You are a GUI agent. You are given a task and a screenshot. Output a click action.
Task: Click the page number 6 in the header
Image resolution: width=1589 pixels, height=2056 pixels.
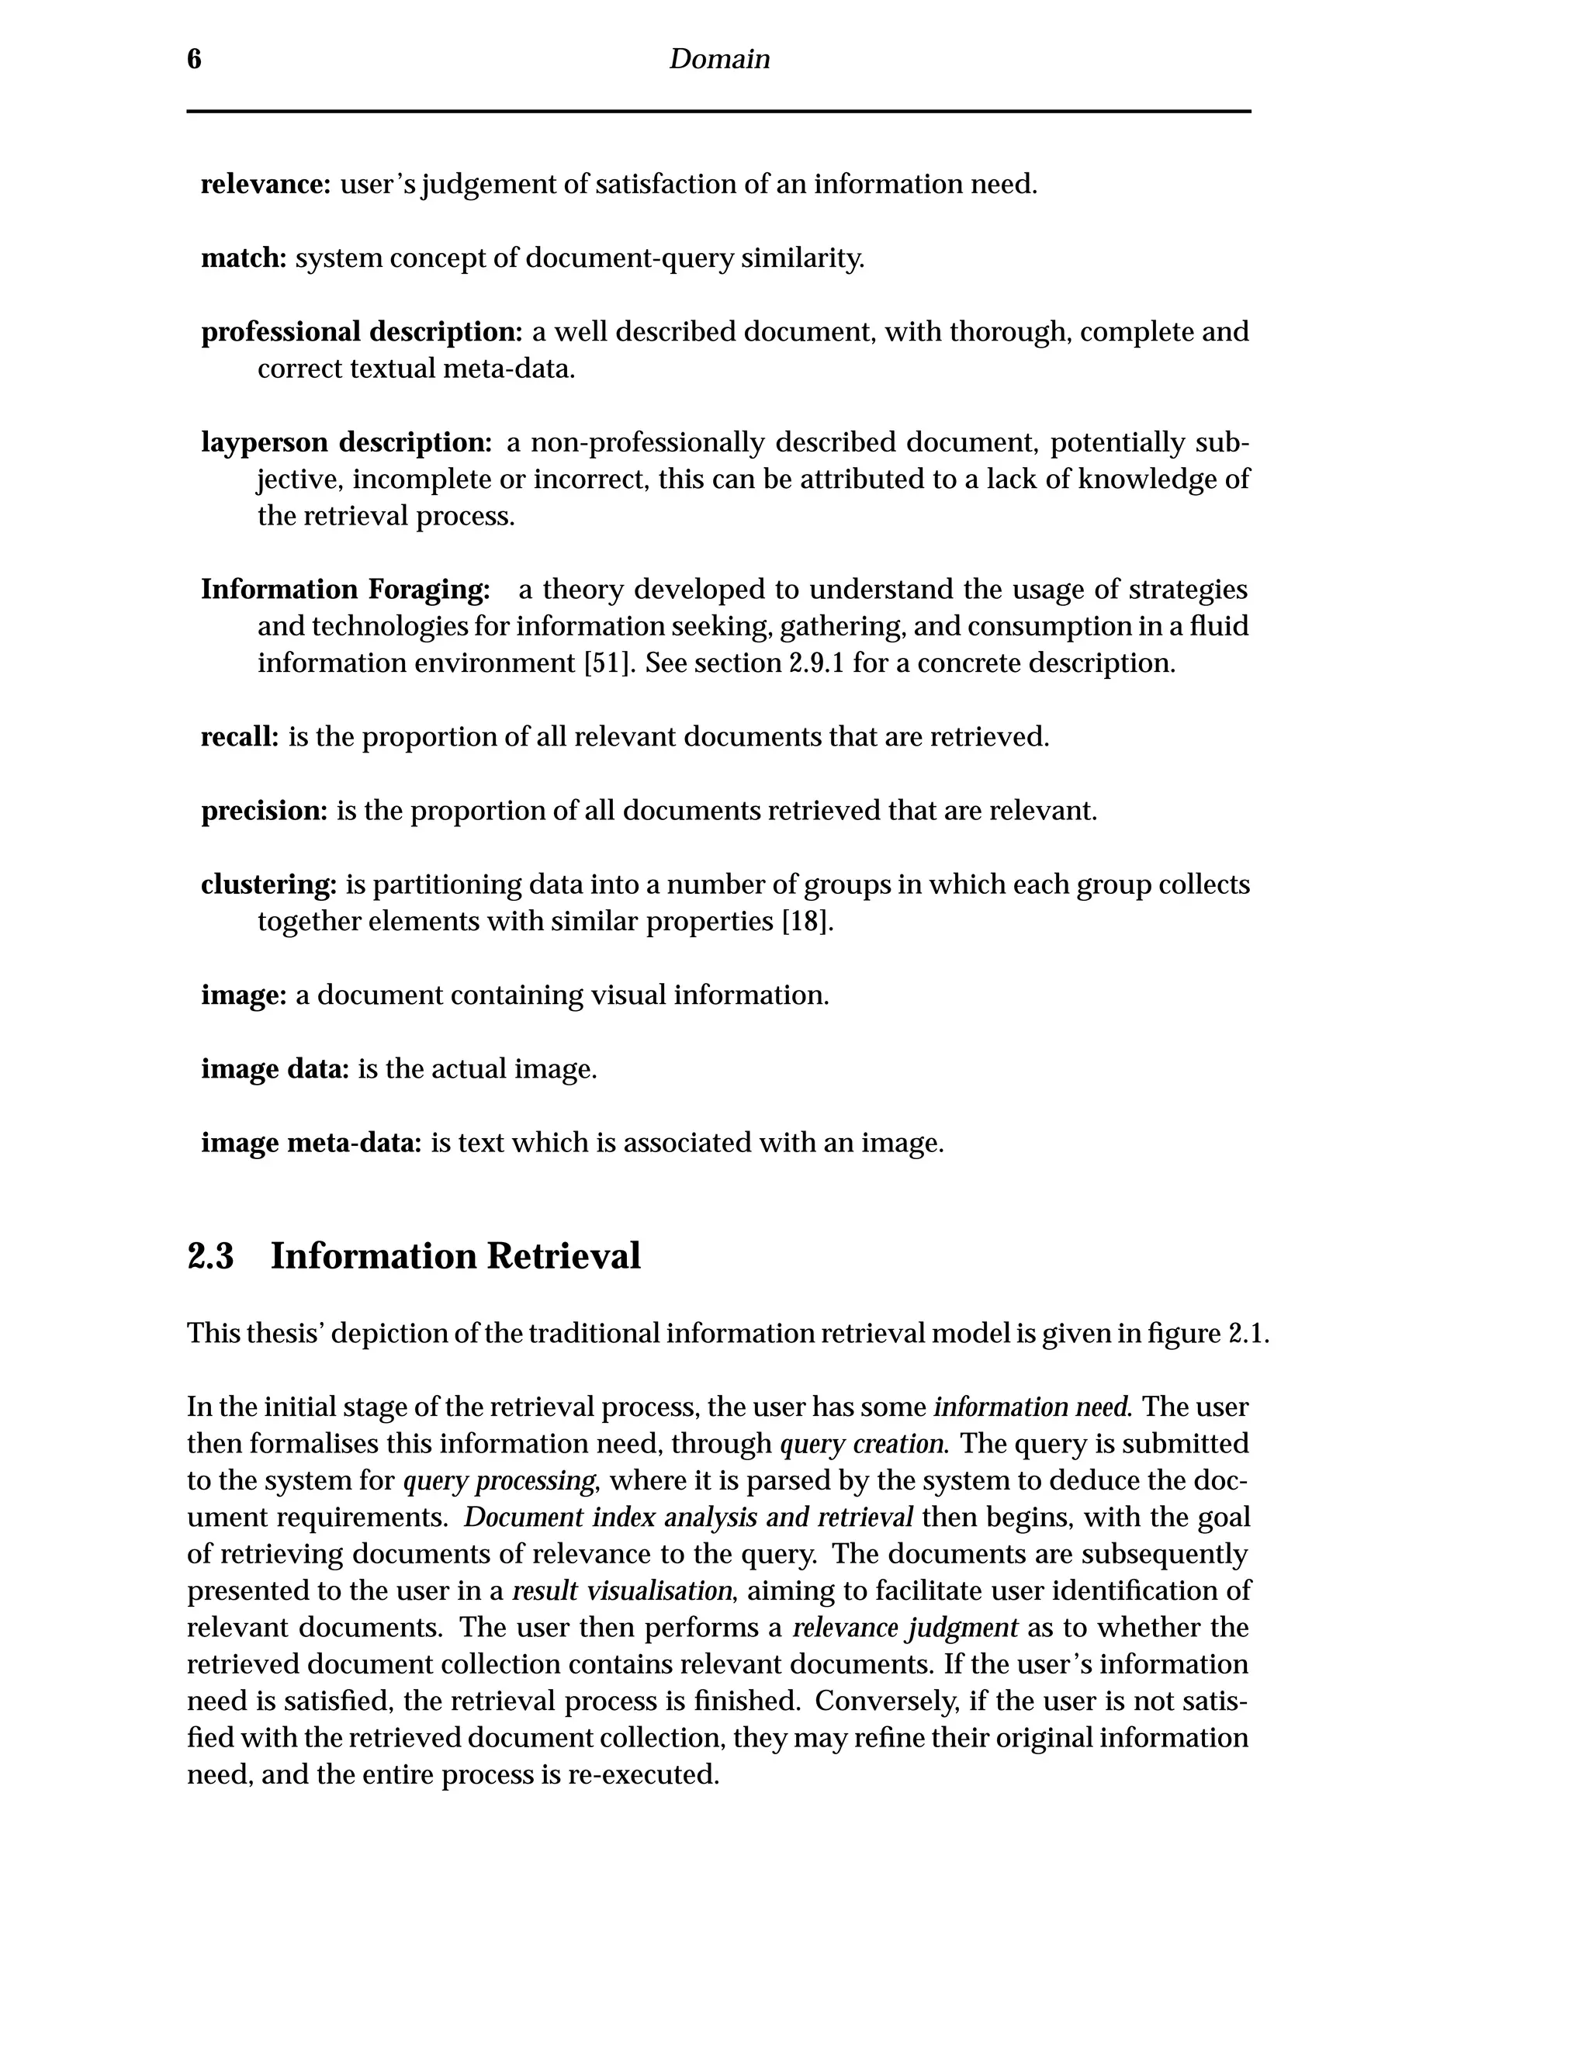pos(194,59)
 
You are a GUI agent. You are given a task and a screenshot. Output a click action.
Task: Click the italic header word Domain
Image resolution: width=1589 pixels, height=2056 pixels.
pos(719,59)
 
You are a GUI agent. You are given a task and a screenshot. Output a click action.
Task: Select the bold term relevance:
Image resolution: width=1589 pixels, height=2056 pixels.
pos(265,185)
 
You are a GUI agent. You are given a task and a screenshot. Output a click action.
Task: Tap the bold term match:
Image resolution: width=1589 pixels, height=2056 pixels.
pos(244,258)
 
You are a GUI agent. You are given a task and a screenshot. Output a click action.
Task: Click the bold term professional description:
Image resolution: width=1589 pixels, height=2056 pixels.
pos(362,331)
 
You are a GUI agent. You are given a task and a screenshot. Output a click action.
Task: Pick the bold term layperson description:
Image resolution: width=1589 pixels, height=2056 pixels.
pos(346,441)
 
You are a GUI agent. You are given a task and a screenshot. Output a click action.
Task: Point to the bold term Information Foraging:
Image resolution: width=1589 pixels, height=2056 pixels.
pos(345,590)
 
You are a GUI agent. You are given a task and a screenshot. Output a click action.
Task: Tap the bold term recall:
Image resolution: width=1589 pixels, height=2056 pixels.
pos(240,737)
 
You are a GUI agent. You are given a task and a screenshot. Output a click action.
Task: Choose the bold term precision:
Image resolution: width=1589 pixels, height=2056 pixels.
pos(265,811)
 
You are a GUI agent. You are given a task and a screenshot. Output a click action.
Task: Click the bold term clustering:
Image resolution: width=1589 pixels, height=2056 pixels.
pos(268,885)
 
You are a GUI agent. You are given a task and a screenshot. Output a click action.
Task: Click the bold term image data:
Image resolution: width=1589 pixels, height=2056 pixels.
pos(275,1069)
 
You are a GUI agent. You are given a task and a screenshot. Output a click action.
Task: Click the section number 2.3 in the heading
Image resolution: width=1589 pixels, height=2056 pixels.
pos(211,1257)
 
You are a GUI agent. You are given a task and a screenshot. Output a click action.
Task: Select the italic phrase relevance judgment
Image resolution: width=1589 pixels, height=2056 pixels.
pos(905,1628)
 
